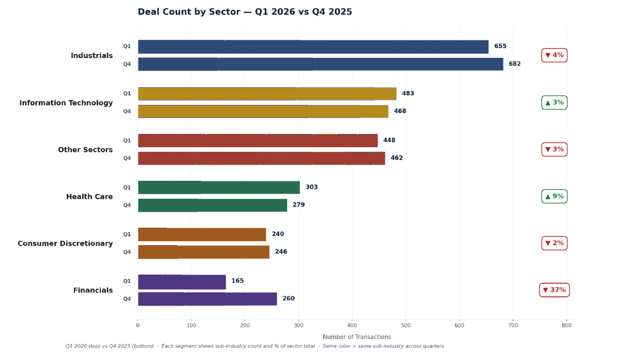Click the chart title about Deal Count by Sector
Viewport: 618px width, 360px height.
[245, 12]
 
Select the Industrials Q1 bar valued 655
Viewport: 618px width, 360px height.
[313, 47]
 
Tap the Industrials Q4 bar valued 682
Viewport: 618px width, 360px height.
[320, 64]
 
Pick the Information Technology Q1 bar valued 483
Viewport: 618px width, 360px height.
[267, 94]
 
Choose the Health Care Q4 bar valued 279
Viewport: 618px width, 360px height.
[212, 205]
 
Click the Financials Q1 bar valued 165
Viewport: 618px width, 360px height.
[181, 282]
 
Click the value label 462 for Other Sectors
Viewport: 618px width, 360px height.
[396, 159]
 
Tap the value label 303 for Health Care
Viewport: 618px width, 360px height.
[312, 188]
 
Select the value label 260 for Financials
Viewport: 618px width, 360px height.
[288, 299]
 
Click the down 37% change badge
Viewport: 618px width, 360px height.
[554, 290]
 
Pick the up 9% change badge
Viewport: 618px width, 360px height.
[554, 196]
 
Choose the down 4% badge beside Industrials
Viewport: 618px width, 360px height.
[554, 55]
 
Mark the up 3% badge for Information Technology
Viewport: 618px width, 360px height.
[554, 103]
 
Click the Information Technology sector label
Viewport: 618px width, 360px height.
[66, 103]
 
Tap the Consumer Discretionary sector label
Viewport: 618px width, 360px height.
[65, 244]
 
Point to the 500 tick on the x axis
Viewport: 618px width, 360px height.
[405, 325]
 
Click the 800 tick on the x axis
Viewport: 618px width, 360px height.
[566, 325]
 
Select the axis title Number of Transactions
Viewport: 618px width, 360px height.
[357, 337]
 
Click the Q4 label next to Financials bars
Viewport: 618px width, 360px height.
[127, 299]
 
